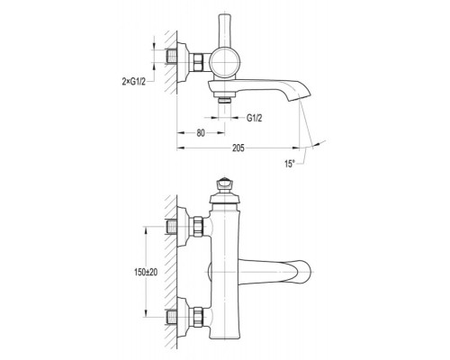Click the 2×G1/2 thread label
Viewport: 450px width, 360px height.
pos(134,81)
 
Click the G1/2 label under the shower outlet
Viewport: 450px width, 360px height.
pos(255,118)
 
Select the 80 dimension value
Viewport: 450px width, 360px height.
pos(201,133)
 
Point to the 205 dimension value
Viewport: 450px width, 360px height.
pos(238,148)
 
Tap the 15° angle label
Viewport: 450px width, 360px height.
pos(290,164)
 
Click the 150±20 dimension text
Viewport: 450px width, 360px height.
pos(146,273)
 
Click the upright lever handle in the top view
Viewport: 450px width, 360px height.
pos(224,31)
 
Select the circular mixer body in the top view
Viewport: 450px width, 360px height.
pos(225,63)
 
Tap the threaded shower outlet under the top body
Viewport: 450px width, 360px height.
pos(225,100)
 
